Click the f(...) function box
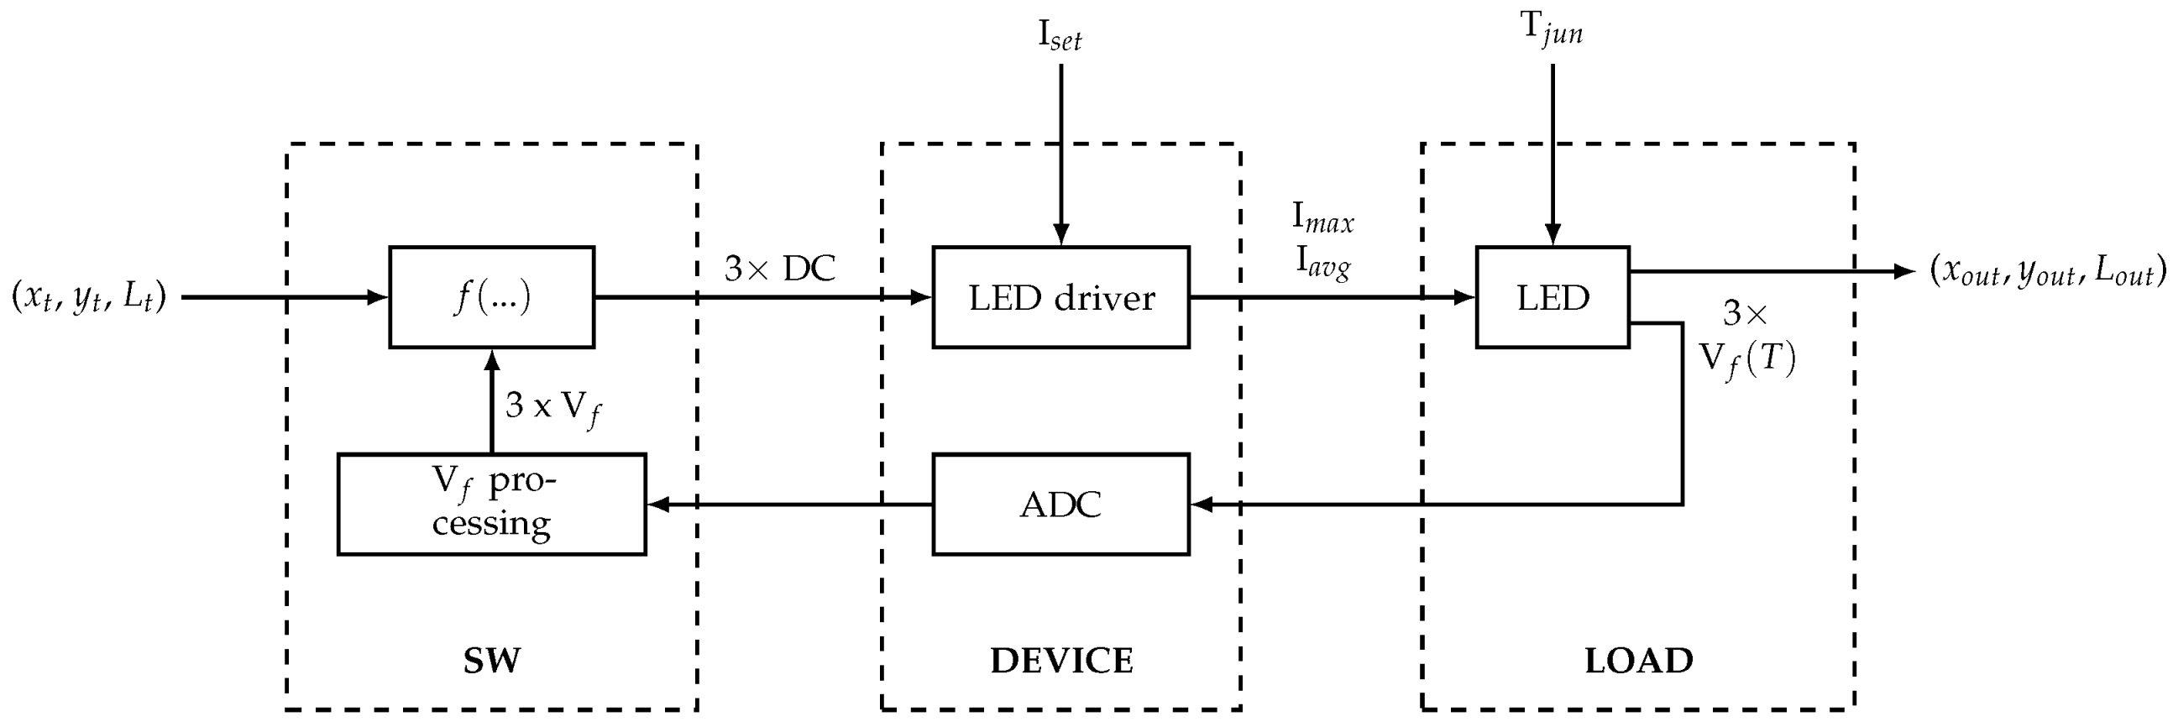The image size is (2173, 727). coord(491,297)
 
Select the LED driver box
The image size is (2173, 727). coord(1060,297)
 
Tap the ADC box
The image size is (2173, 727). coord(1060,505)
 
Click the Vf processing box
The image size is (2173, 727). coord(491,505)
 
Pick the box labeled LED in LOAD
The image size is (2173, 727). coord(1552,297)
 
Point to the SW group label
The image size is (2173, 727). coord(491,661)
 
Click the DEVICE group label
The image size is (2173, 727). coord(1061,661)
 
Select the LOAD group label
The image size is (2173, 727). coord(1638,661)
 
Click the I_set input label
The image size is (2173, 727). coord(1060,35)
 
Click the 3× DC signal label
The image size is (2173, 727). coord(779,268)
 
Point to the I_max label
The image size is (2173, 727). coord(1322,218)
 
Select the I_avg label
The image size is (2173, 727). coord(1322,263)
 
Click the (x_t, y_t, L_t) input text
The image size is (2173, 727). coord(88,297)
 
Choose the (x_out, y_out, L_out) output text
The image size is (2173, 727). coord(2047,271)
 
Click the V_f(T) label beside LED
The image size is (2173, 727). coord(1746,360)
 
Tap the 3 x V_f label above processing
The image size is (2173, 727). coord(552,407)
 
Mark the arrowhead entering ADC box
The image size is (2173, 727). coord(1200,505)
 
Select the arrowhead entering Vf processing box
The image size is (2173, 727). coord(657,505)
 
